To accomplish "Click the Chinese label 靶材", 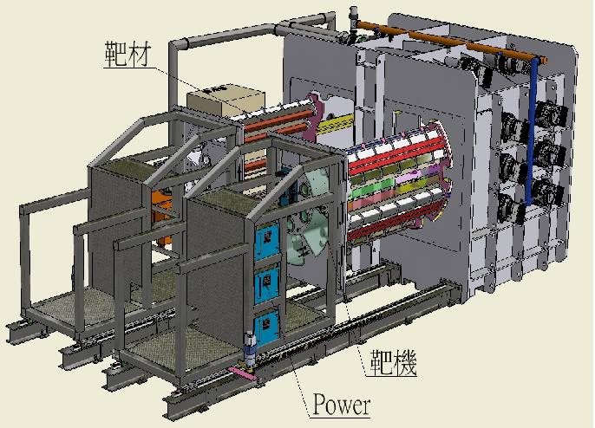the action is pos(128,55).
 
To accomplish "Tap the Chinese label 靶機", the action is pos(394,361).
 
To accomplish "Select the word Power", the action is pos(341,404).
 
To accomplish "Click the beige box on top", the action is pos(226,99).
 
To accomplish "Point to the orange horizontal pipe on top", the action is pos(452,41).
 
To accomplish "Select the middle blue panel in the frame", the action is pos(267,283).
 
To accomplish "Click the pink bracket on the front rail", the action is pos(243,373).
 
